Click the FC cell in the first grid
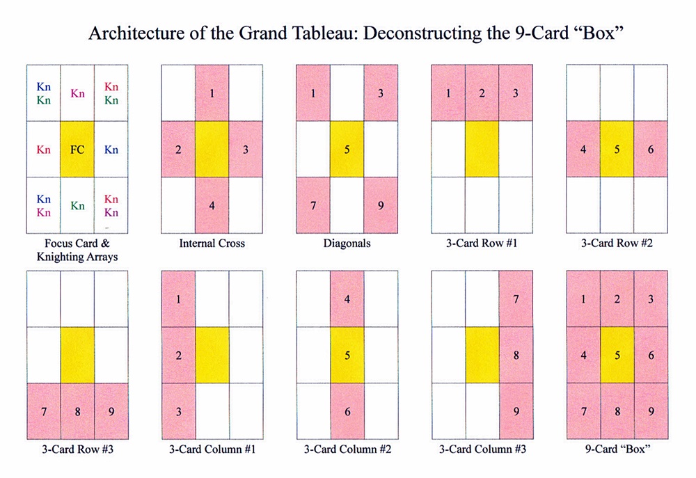click(77, 149)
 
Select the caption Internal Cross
click(212, 244)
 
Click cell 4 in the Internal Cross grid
click(212, 205)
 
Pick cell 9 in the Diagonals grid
click(381, 205)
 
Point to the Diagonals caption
click(347, 244)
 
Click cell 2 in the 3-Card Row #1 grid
click(482, 93)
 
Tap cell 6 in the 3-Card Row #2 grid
click(651, 149)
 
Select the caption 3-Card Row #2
click(617, 244)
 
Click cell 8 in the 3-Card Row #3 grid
click(77, 411)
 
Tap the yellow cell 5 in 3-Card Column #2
click(347, 355)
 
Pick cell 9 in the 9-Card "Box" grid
click(651, 411)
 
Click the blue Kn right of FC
click(111, 149)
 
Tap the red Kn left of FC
click(43, 149)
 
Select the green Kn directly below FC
click(77, 205)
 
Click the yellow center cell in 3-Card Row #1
click(482, 149)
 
